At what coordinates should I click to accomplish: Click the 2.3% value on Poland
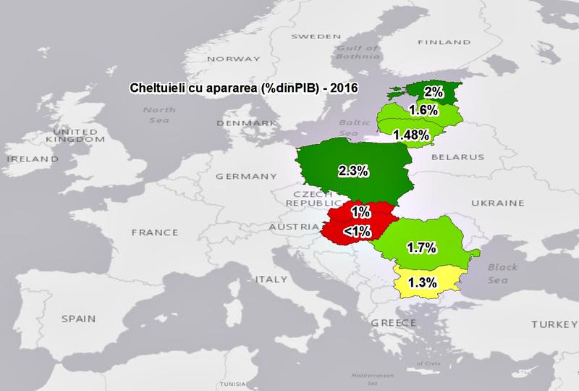pos(354,172)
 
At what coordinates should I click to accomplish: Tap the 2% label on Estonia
pos(434,92)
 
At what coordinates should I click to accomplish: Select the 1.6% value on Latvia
pos(423,111)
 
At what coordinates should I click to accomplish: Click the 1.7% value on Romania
pos(420,248)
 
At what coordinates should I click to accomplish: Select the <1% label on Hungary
pos(358,231)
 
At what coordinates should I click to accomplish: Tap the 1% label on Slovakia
pos(360,212)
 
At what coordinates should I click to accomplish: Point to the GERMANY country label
pos(246,176)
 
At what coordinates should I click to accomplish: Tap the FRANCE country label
pos(154,232)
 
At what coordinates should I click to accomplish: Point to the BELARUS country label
pos(457,156)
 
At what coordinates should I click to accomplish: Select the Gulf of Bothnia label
pos(357,53)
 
